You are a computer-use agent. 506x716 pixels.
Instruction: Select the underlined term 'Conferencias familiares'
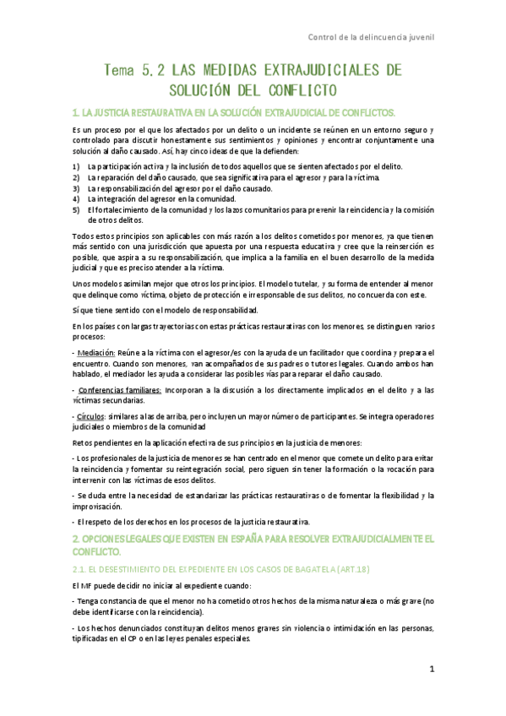click(x=120, y=391)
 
